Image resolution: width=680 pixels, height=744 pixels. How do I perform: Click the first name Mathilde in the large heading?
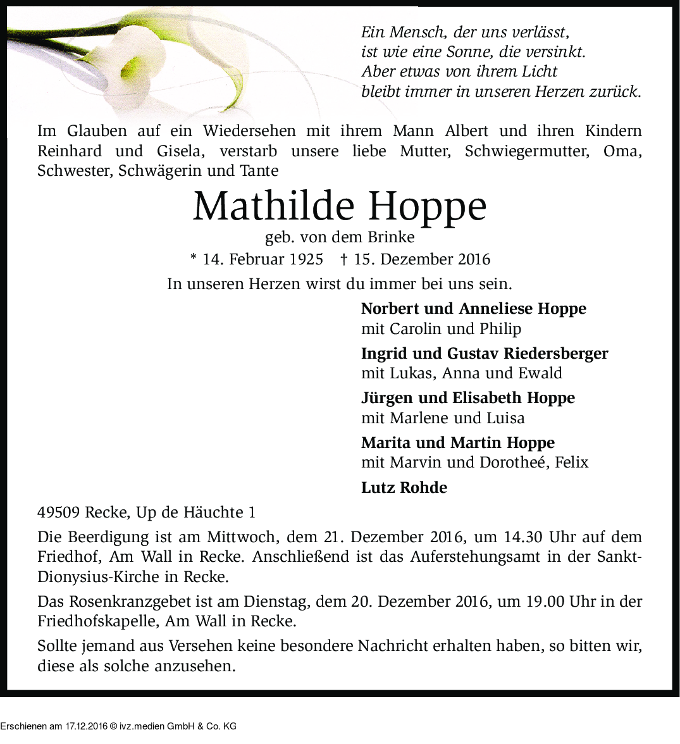pyautogui.click(x=274, y=206)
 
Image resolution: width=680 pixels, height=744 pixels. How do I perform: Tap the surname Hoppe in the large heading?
pyautogui.click(x=428, y=206)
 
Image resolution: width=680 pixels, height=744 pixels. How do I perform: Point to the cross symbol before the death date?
pyautogui.click(x=344, y=259)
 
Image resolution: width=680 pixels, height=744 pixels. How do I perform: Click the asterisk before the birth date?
pyautogui.click(x=194, y=258)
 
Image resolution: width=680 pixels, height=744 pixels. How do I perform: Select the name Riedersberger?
pyautogui.click(x=556, y=353)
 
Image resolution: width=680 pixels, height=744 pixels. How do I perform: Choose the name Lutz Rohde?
pyautogui.click(x=404, y=488)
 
